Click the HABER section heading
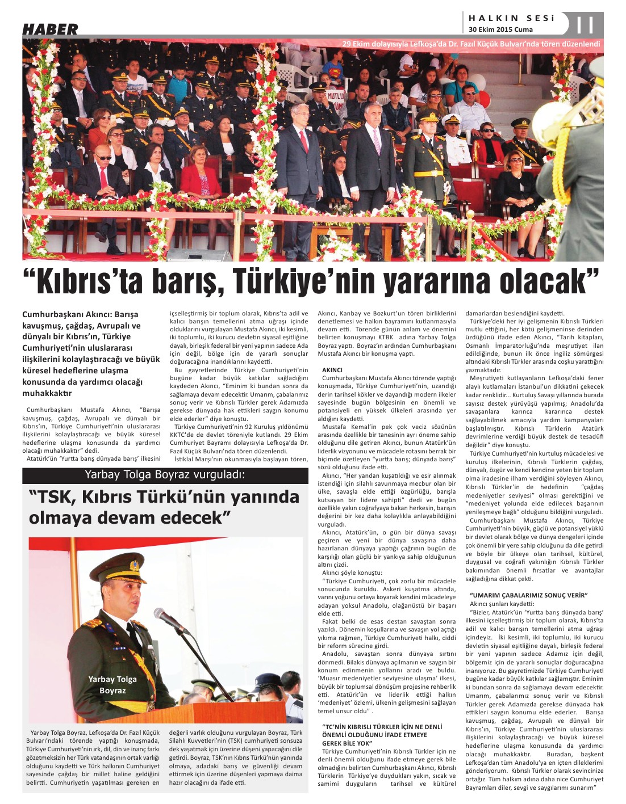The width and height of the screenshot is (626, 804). click(x=50, y=29)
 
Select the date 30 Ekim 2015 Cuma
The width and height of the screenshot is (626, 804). click(x=500, y=30)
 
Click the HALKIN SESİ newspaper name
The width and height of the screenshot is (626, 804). click(x=511, y=18)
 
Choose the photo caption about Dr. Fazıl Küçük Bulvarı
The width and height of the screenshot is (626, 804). click(x=471, y=44)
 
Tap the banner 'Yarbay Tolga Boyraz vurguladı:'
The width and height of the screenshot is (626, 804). click(x=165, y=475)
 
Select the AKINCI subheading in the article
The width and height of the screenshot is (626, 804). click(x=332, y=369)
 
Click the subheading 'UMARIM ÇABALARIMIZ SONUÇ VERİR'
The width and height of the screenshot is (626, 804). click(x=528, y=595)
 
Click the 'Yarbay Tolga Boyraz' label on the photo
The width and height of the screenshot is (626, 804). click(x=112, y=684)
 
